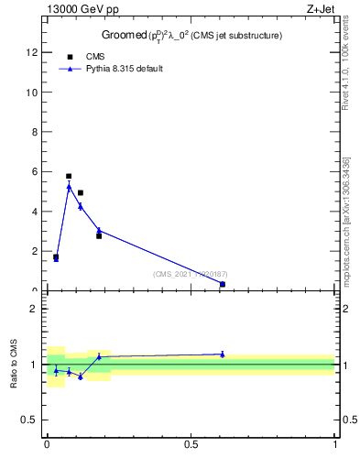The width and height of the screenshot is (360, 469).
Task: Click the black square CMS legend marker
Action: [71, 56]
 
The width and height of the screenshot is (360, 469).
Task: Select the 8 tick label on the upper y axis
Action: [34, 132]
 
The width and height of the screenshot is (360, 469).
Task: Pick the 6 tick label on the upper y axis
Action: [34, 171]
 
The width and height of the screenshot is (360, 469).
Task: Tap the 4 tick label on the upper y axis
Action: [34, 212]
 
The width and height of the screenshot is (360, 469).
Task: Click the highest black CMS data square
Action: [69, 176]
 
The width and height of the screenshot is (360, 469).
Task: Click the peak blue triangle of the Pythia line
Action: [69, 187]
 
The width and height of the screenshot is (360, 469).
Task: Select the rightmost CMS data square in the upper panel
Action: [223, 284]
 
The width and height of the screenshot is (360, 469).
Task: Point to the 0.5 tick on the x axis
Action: [191, 445]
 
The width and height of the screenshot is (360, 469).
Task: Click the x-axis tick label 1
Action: [335, 445]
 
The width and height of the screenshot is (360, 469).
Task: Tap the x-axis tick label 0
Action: [47, 445]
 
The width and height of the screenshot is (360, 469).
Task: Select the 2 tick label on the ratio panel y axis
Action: [34, 310]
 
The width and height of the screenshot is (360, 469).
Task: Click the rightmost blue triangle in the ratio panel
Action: [223, 354]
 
